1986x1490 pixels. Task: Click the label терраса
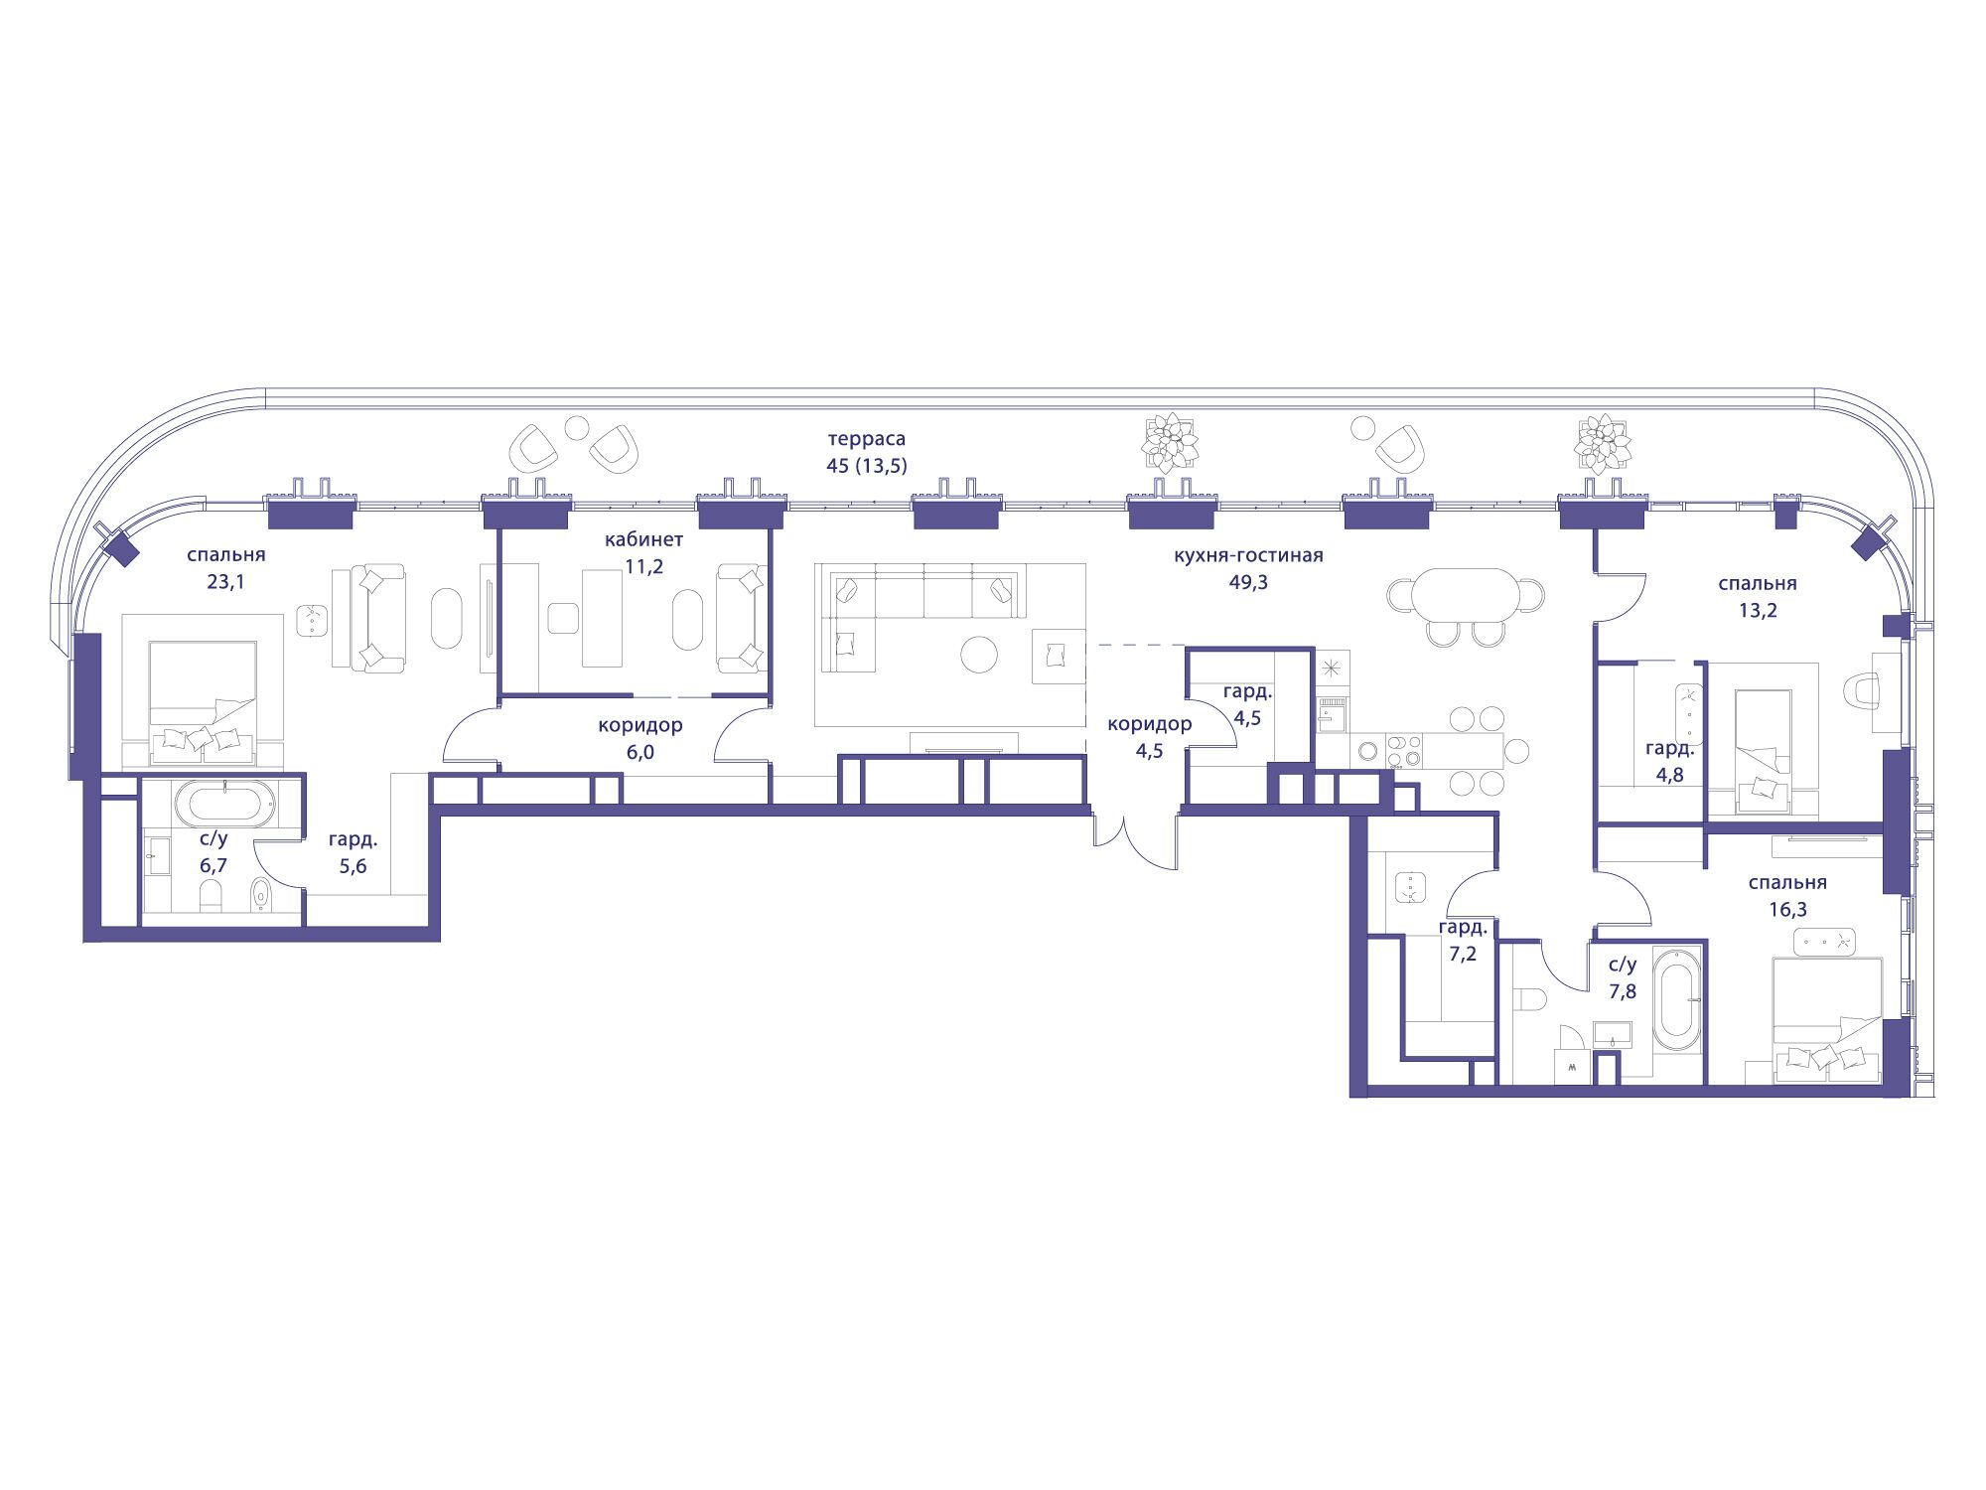(x=867, y=438)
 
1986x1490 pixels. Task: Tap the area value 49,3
(x=1248, y=582)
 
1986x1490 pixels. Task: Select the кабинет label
(x=643, y=540)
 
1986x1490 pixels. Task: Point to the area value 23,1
(x=225, y=582)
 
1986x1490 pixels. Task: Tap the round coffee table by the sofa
(x=980, y=655)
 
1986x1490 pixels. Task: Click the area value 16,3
(x=1773, y=909)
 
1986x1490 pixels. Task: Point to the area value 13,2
(x=1758, y=610)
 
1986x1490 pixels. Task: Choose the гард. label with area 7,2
(x=1463, y=928)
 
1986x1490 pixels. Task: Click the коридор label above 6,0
(x=640, y=725)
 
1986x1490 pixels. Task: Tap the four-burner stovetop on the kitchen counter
(x=1403, y=751)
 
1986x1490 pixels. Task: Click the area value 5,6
(x=353, y=866)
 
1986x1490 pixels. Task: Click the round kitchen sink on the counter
(x=1368, y=752)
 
